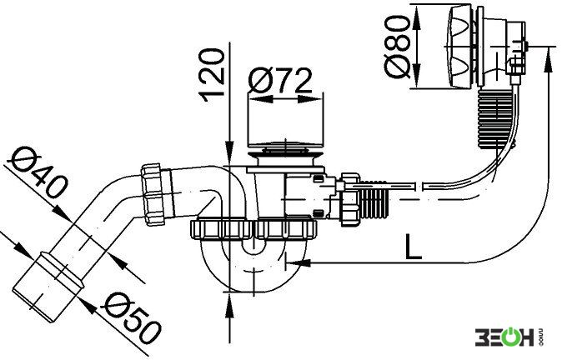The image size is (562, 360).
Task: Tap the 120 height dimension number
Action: tap(212, 75)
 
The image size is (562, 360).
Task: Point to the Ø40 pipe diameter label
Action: tap(38, 173)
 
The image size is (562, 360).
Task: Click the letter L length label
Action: tap(413, 247)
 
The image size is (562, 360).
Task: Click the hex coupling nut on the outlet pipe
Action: tap(153, 194)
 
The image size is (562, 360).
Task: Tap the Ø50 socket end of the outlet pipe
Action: tap(48, 286)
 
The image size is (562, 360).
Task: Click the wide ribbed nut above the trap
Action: tap(253, 229)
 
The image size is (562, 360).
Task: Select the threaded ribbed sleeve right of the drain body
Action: tap(375, 199)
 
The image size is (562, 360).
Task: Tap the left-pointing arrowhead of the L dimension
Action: tap(299, 263)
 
